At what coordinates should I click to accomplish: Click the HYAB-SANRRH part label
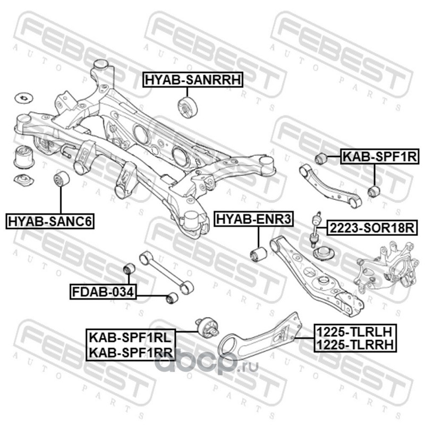point(192,80)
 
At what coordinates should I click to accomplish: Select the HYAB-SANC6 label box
point(50,220)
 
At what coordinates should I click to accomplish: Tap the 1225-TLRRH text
point(354,345)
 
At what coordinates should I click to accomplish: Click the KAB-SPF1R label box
point(379,157)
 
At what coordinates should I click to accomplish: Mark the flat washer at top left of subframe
point(23,98)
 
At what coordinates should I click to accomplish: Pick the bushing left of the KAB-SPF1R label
point(320,158)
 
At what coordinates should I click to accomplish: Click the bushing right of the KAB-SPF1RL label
point(207,327)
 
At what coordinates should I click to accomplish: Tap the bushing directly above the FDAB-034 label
point(129,268)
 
